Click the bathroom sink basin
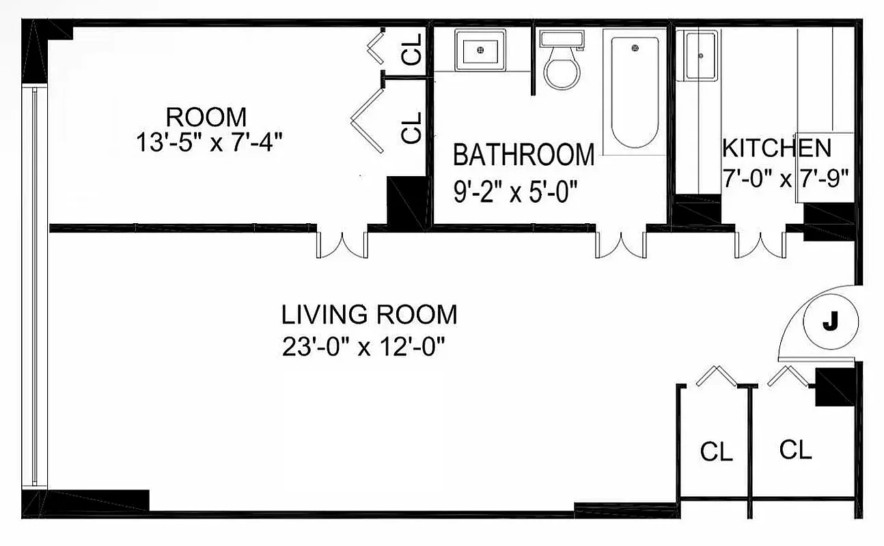[480, 50]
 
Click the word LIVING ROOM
[369, 315]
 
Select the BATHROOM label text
[523, 156]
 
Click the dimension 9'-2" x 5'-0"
[516, 192]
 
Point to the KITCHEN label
[777, 148]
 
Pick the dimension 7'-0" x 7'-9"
[786, 179]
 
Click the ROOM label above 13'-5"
[206, 117]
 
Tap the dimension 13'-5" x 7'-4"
[209, 144]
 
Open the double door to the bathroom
[620, 244]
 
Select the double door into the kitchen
[760, 244]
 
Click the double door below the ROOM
[342, 244]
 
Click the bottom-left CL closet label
[716, 452]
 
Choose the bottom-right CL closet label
[796, 450]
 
